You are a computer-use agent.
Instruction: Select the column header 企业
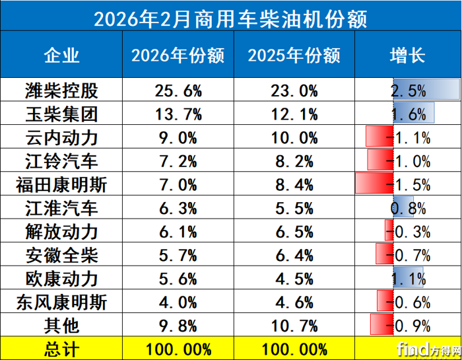tap(61, 54)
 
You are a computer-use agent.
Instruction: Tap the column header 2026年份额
tap(178, 54)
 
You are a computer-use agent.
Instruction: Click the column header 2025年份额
tap(294, 54)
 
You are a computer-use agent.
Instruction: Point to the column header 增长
tap(407, 54)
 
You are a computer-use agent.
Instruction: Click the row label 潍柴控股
tap(61, 90)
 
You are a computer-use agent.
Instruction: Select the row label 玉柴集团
tap(61, 114)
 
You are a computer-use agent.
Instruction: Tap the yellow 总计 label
tap(61, 349)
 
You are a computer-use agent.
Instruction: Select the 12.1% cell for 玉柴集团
tap(294, 114)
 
